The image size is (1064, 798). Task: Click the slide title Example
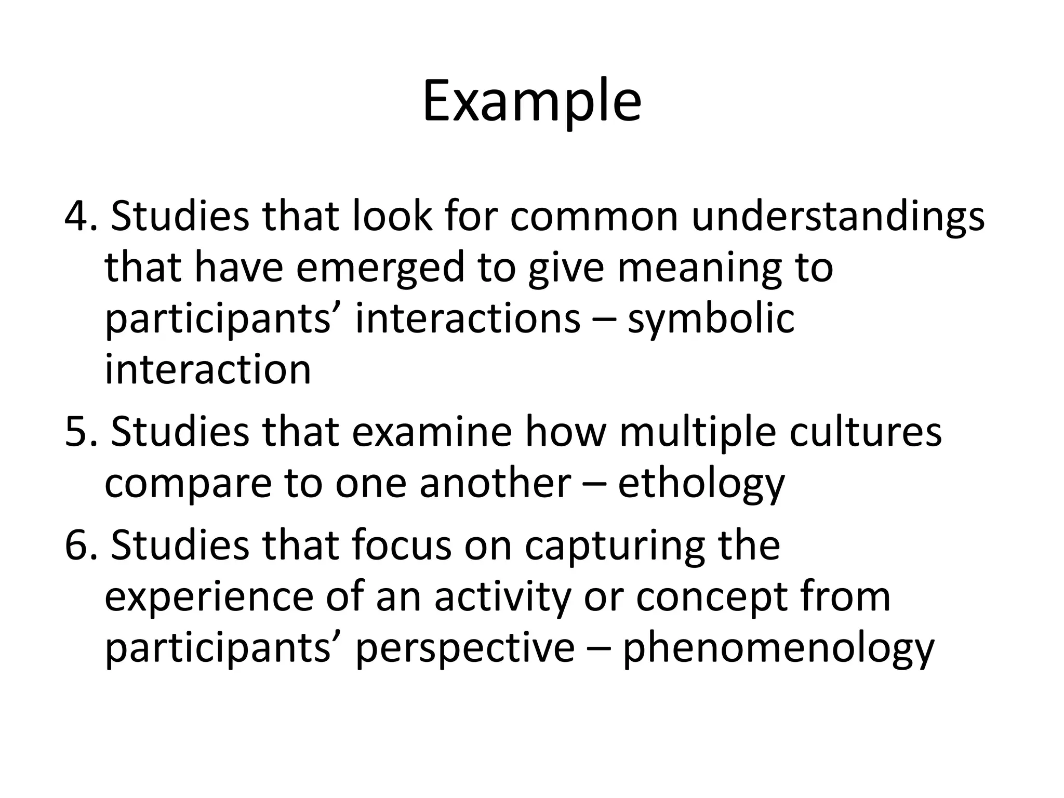(531, 102)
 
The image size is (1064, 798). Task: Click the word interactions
(468, 318)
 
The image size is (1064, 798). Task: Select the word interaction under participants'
(208, 369)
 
